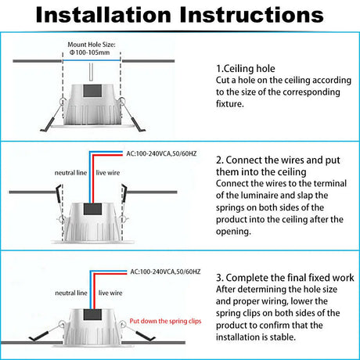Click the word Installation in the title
tap(103, 15)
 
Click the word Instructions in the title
tap(252, 15)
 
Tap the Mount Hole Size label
tap(92, 45)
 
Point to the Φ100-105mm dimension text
tap(89, 52)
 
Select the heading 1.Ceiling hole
tap(246, 69)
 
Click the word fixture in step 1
tap(229, 104)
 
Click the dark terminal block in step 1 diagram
tap(92, 91)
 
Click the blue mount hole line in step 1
tap(92, 60)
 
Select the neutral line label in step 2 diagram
tap(70, 173)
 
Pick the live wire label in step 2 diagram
tap(108, 173)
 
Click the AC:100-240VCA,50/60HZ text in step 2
tap(161, 153)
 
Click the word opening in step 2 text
tap(233, 232)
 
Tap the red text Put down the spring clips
tap(165, 321)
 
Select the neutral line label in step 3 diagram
tap(71, 293)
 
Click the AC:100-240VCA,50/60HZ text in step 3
tap(165, 272)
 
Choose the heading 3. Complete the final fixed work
tap(285, 278)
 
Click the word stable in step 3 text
tap(283, 337)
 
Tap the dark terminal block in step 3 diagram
tap(92, 315)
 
